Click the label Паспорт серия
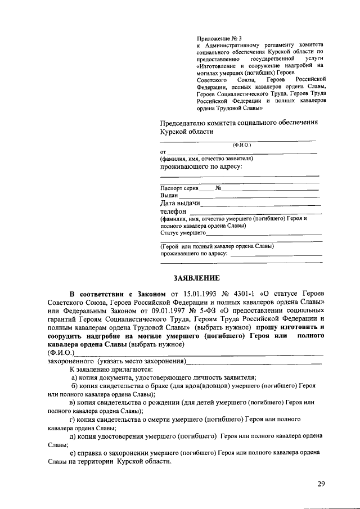click(x=179, y=188)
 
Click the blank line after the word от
click(x=242, y=153)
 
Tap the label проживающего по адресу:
click(x=201, y=166)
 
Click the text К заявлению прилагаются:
click(x=111, y=370)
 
